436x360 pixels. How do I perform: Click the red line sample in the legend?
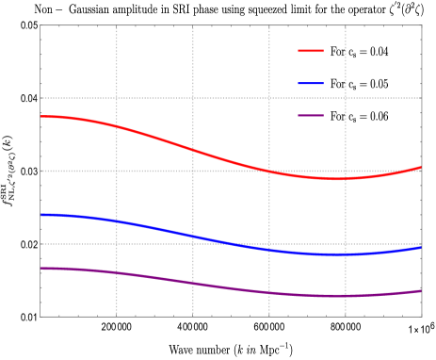311,51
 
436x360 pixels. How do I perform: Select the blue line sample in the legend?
311,83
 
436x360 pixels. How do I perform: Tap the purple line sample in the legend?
311,116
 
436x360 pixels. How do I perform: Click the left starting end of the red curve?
40,117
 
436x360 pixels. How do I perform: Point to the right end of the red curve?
421,168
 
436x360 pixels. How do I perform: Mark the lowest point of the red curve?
339,178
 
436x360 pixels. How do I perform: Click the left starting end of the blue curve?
40,215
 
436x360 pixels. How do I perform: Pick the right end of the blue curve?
421,248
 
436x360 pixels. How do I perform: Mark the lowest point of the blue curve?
339,254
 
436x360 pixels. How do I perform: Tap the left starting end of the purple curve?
40,269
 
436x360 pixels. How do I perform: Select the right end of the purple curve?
421,291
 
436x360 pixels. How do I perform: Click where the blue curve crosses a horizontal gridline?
239,244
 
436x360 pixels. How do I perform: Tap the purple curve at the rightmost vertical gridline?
346,296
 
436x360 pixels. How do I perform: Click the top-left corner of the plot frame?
40,25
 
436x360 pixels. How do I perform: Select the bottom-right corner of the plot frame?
422,317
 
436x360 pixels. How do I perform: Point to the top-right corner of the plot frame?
422,25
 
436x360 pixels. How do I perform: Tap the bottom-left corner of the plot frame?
40,317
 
